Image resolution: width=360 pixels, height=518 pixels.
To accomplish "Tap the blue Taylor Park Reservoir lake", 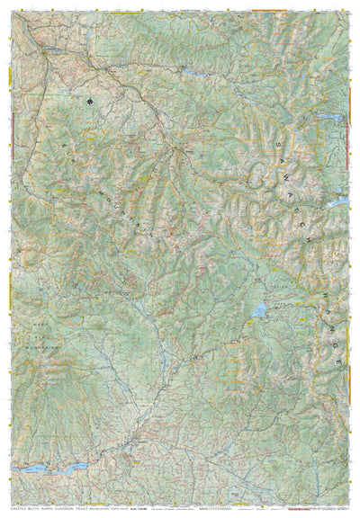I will coord(259,310).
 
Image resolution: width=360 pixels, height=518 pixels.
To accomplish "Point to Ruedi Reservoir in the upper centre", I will coord(191,69).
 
